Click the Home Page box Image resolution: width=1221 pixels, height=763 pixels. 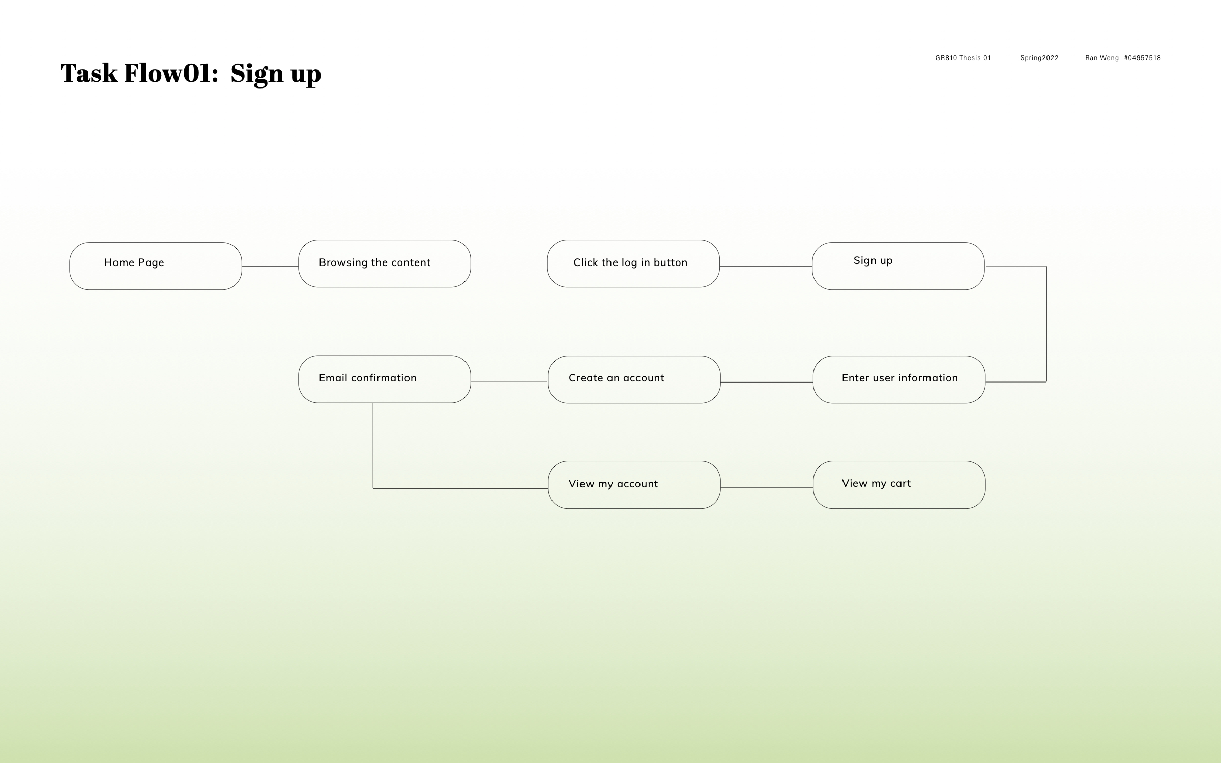(156, 266)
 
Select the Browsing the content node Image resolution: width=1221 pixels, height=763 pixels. (385, 263)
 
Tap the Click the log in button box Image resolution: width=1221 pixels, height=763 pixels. (633, 263)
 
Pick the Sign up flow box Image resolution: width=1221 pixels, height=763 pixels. (898, 266)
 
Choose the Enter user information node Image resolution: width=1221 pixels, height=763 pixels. (899, 379)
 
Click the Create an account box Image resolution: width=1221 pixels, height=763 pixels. (634, 379)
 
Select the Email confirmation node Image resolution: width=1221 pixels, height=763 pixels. (385, 379)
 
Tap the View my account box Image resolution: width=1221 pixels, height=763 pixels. (634, 485)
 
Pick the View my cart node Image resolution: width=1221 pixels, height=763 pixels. (899, 485)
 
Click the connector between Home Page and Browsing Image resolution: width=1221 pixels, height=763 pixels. (270, 266)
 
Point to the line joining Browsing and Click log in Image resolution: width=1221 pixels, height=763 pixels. (509, 266)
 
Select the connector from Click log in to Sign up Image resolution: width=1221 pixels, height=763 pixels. (766, 266)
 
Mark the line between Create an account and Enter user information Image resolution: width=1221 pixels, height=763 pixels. (767, 382)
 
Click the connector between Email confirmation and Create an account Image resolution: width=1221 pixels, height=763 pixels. (509, 382)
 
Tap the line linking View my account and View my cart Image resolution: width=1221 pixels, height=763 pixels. (767, 487)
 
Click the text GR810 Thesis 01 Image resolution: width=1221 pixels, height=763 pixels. (963, 58)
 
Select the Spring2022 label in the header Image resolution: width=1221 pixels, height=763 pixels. (1039, 58)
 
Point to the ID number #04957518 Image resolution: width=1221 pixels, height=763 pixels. (1143, 58)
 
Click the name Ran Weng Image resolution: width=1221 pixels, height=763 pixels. (1102, 58)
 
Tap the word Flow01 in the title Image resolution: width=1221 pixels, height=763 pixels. (171, 73)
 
